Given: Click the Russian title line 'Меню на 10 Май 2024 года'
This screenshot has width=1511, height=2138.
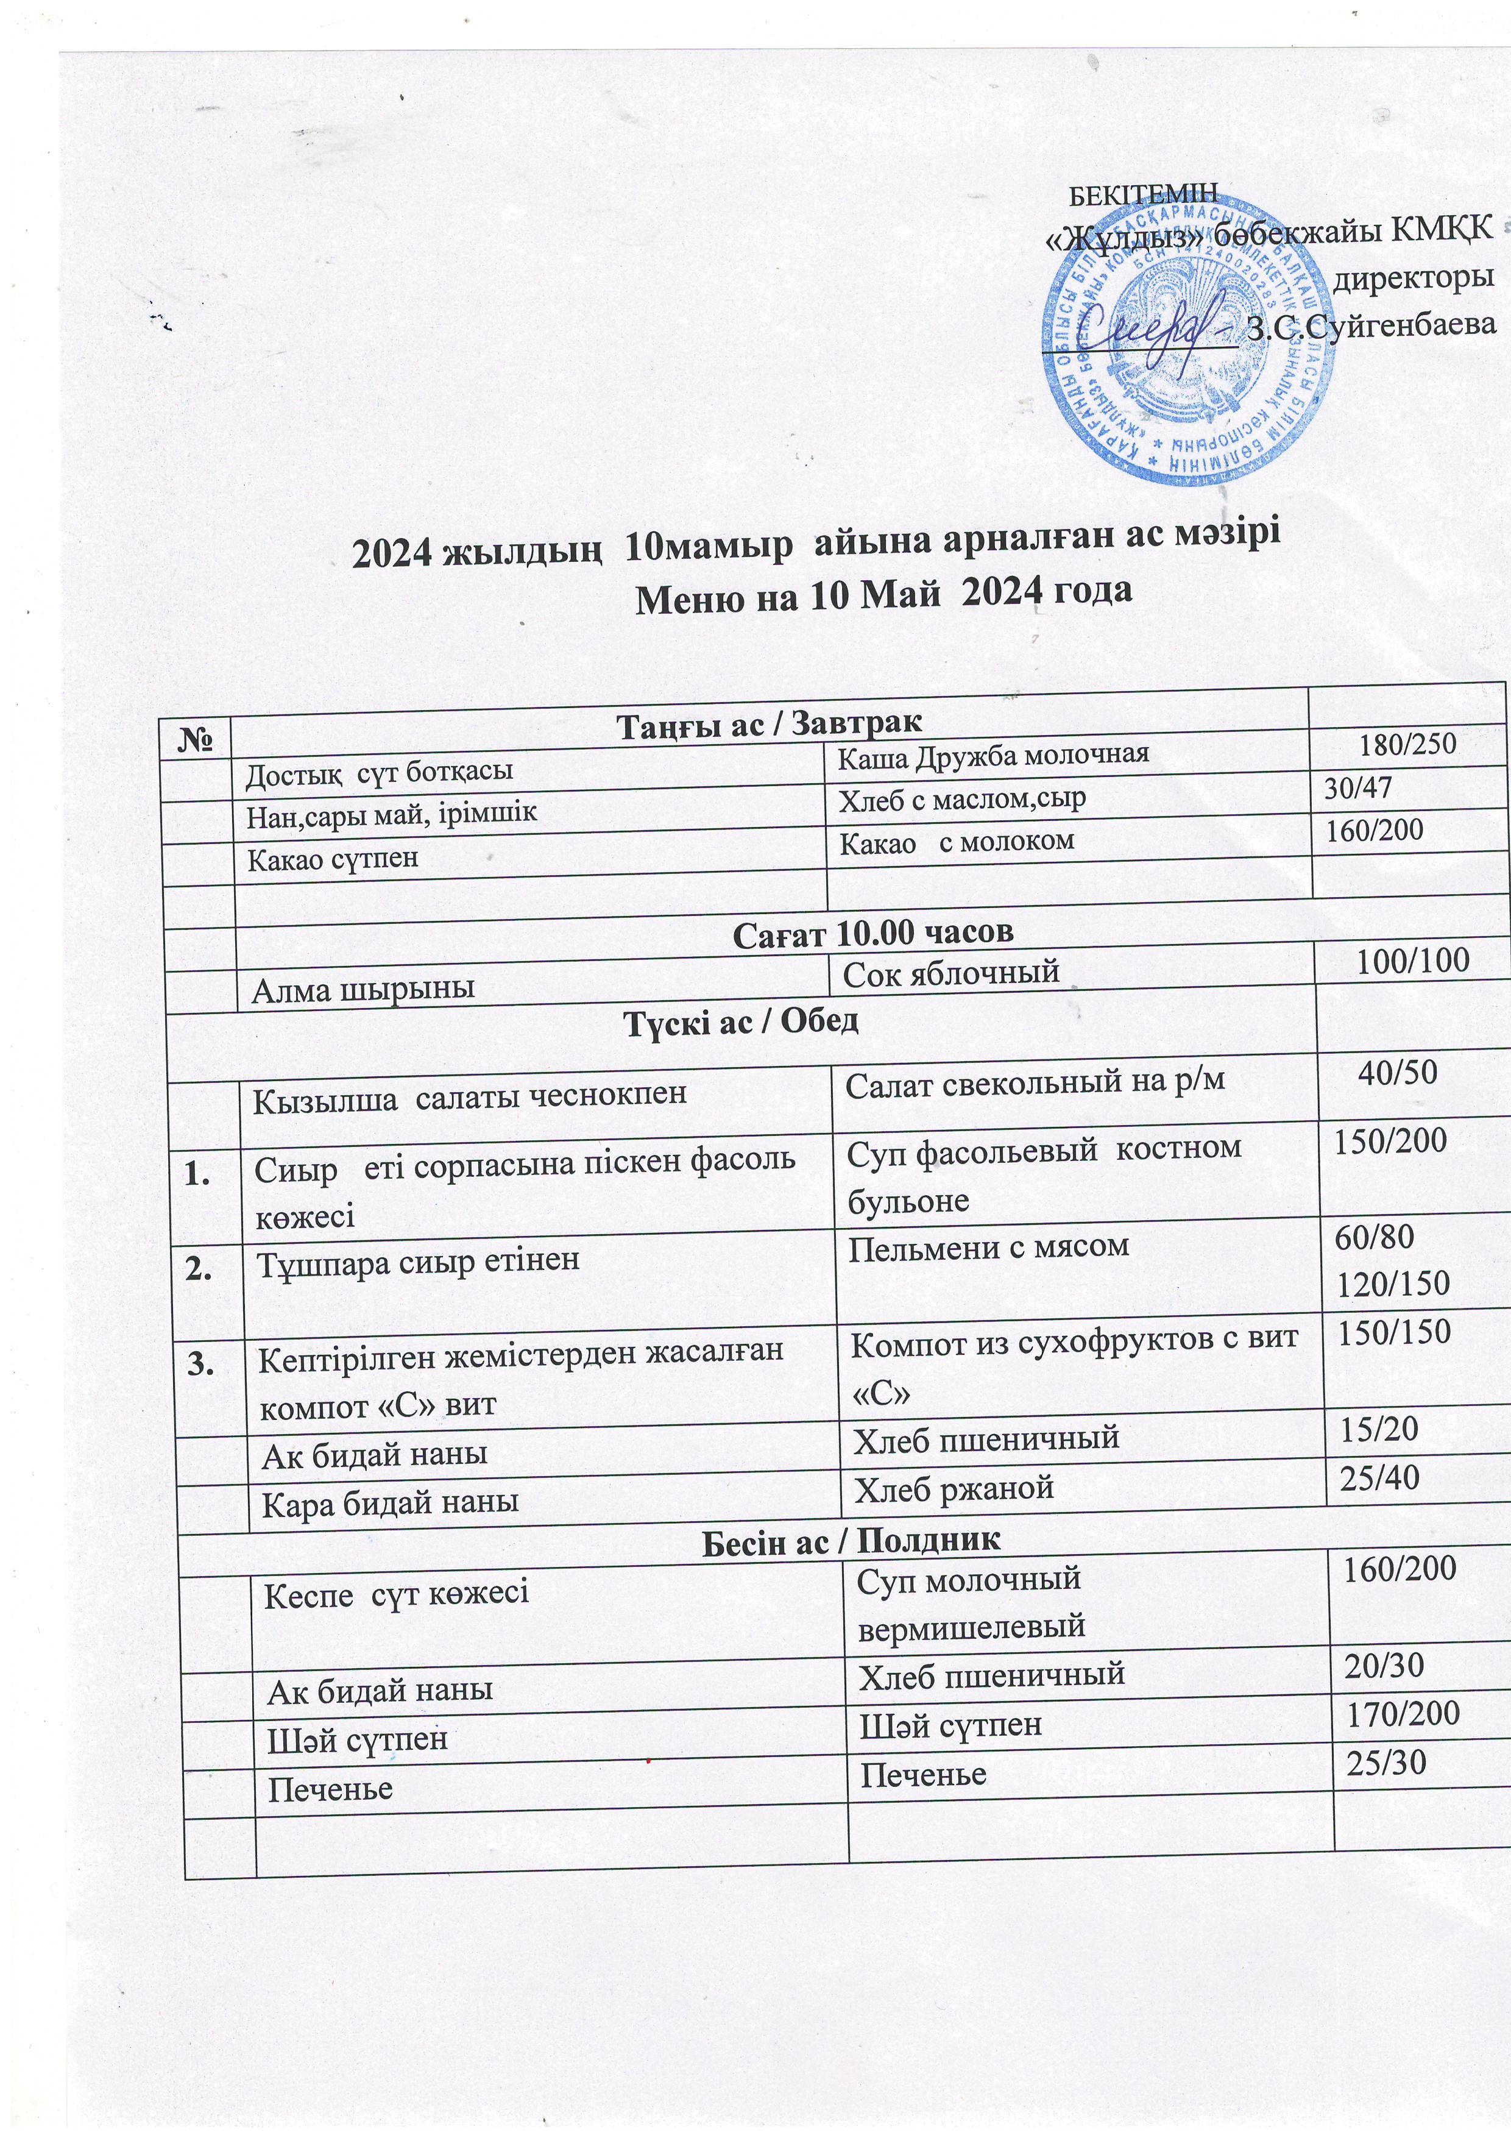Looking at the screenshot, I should click(883, 592).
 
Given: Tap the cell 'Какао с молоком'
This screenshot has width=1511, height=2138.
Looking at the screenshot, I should click(957, 842).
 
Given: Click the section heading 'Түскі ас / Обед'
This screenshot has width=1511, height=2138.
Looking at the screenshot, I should click(740, 1021).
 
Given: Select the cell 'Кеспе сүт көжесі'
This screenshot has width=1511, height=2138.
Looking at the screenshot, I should click(397, 1593).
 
